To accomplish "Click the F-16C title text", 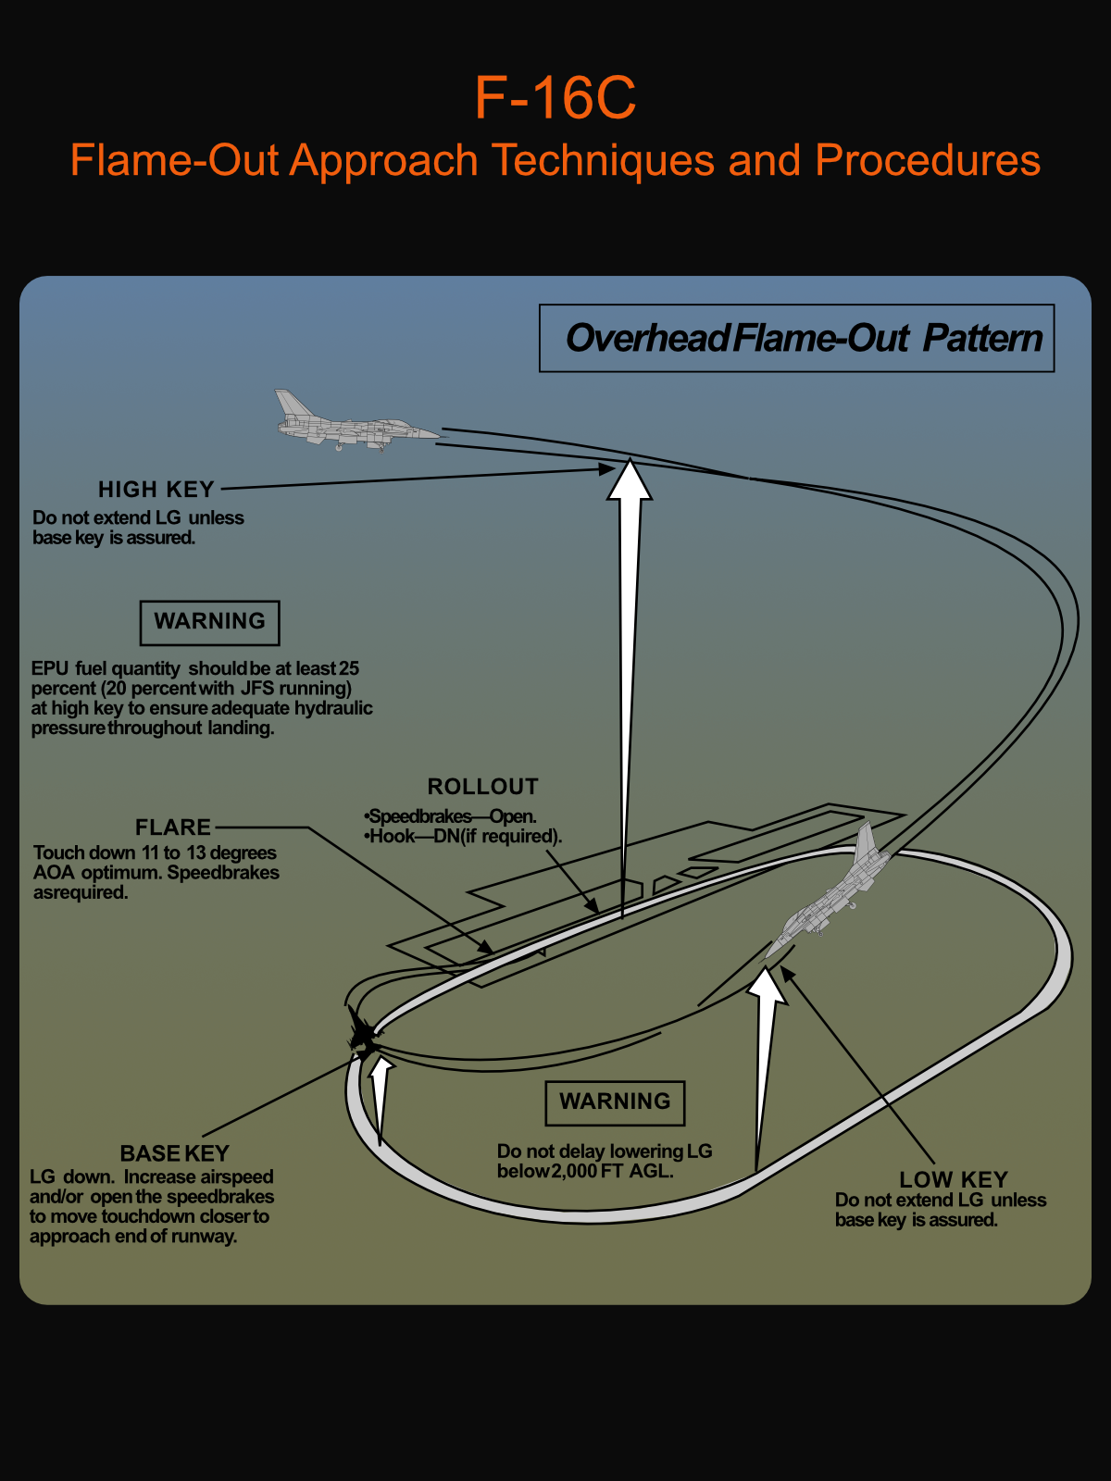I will [555, 98].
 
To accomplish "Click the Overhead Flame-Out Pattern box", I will [796, 339].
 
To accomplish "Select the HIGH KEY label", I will [156, 490].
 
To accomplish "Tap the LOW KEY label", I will [953, 1180].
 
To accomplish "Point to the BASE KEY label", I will [174, 1153].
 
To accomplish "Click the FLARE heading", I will [173, 828].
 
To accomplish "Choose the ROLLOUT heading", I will [482, 787].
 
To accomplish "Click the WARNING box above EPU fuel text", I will [209, 622].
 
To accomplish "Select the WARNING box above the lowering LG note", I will [615, 1102].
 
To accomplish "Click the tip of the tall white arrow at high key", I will [630, 461].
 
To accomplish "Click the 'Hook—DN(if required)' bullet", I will [465, 836].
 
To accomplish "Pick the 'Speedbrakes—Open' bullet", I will [451, 816].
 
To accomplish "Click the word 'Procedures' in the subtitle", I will [928, 161].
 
